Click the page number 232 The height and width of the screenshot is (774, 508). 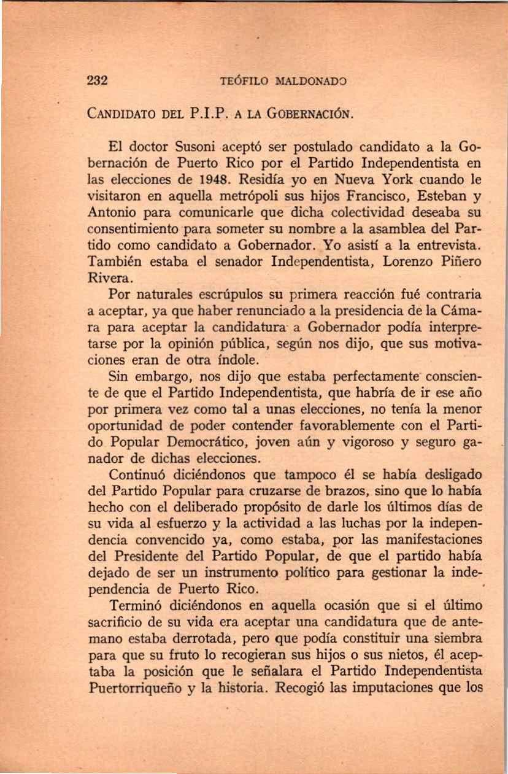(98, 80)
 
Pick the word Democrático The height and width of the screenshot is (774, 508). (228, 442)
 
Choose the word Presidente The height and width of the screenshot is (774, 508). (153, 556)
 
